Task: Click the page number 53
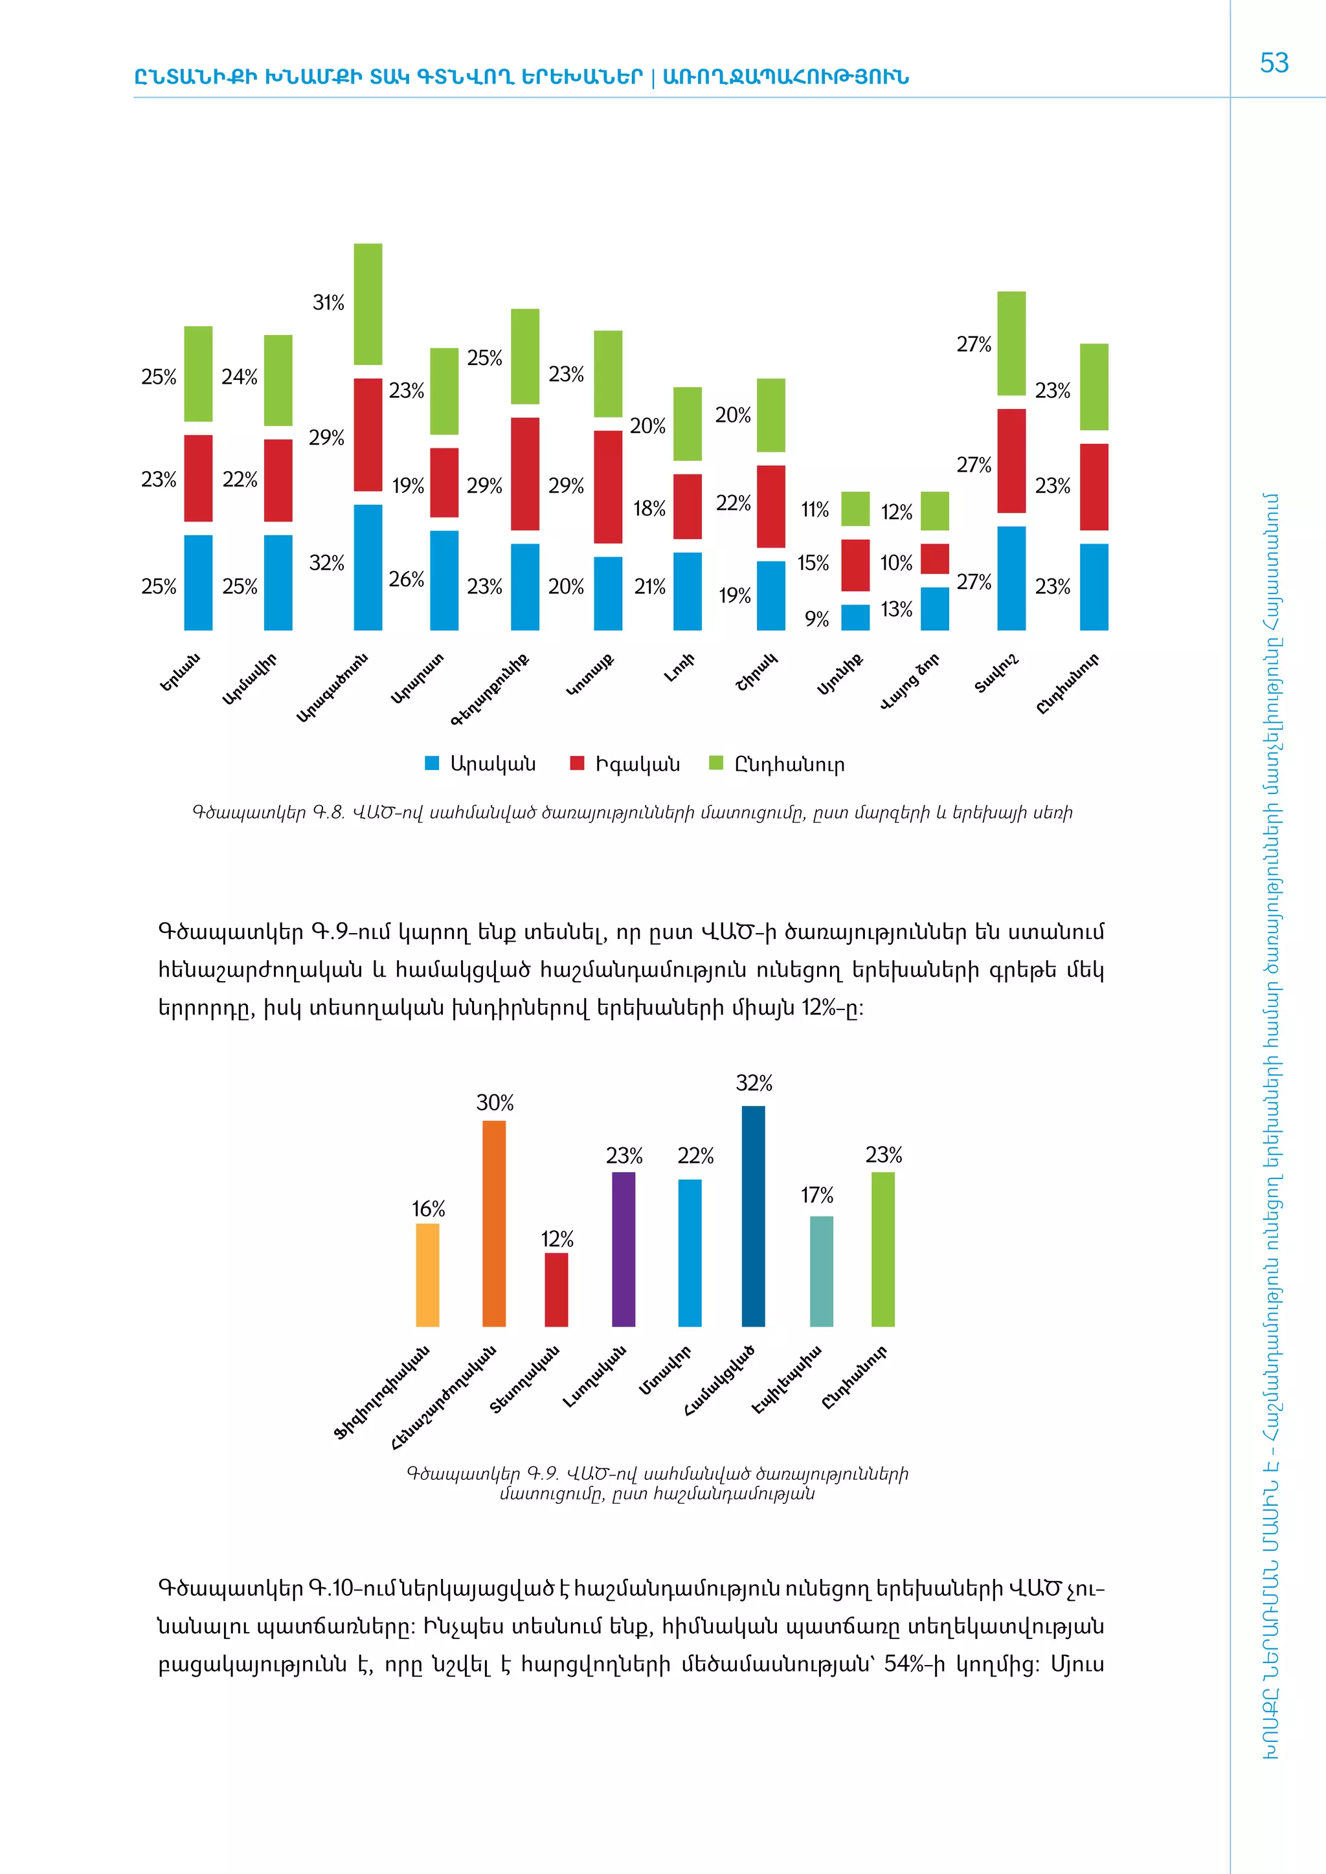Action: click(x=1274, y=63)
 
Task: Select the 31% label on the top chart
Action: click(x=328, y=303)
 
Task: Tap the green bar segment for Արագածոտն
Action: click(x=367, y=303)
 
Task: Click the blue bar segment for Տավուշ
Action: click(x=1011, y=578)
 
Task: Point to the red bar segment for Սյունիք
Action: click(x=855, y=565)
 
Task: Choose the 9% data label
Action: click(x=816, y=619)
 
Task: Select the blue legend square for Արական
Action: click(x=432, y=763)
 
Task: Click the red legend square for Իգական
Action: click(x=578, y=763)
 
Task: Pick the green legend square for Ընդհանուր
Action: click(x=716, y=763)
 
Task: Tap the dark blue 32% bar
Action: click(x=753, y=1215)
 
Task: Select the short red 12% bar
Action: click(x=556, y=1289)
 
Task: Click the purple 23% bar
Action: click(x=623, y=1249)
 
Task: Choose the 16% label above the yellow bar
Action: click(x=428, y=1209)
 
